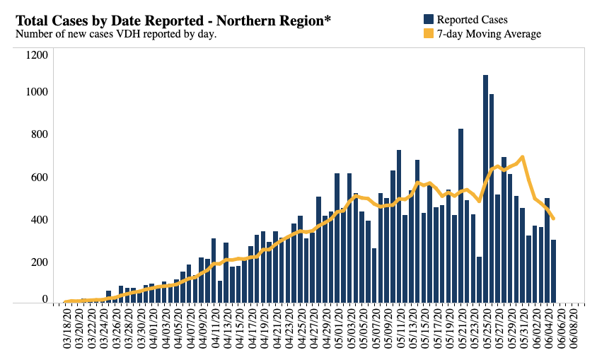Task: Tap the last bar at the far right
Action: click(x=553, y=272)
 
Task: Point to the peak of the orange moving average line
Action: click(x=522, y=157)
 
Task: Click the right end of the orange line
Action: click(x=553, y=219)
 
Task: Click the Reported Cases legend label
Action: click(x=472, y=20)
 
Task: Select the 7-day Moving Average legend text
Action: click(x=489, y=34)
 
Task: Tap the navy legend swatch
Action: click(x=429, y=20)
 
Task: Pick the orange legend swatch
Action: click(x=429, y=34)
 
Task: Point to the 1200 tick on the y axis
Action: click(x=36, y=55)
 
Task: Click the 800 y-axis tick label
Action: click(x=39, y=134)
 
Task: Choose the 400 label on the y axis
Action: click(x=39, y=219)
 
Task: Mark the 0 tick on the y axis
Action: click(x=45, y=299)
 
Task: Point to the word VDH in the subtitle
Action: click(x=129, y=33)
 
